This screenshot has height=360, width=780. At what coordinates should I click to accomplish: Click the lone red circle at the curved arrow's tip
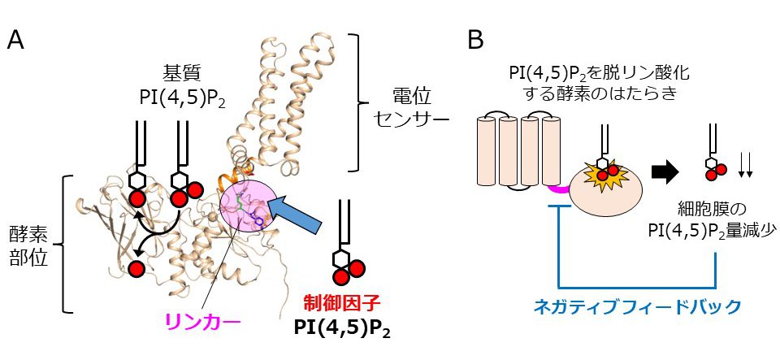136,268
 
